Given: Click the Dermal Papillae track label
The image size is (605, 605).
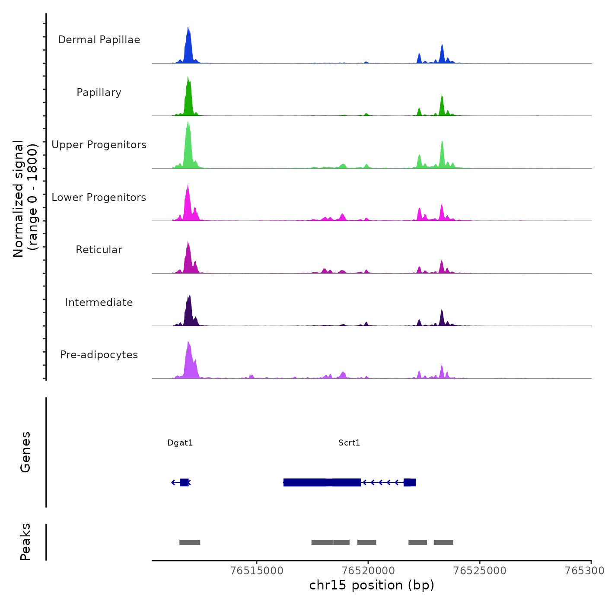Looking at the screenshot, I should coord(99,40).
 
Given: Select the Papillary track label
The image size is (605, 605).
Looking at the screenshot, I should coord(99,92).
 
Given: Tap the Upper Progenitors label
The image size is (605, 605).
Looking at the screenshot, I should coord(99,145).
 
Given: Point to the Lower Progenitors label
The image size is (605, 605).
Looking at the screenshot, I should coord(99,197).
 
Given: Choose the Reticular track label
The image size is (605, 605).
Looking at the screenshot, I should coord(99,250).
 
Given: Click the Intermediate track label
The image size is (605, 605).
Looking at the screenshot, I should coord(99,302).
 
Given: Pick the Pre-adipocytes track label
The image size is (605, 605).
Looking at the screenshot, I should coord(99,355).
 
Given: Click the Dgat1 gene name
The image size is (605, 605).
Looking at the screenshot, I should coord(180,443).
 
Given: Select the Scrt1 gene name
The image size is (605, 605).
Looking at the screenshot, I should coord(349,443).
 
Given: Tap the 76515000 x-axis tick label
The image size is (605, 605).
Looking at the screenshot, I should coord(257,570).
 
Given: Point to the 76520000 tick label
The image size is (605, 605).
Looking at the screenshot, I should coord(369,570).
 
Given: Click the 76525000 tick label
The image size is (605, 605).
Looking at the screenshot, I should coord(480,570).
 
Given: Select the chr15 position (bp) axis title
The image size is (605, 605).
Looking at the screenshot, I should coord(372,585).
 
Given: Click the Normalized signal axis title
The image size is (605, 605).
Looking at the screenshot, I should coord(25,199).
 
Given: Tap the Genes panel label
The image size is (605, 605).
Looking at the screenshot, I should coord(25,452).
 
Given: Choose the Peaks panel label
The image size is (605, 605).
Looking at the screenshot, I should coord(25,542).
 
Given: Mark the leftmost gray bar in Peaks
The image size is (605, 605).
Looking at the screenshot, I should coord(190,542).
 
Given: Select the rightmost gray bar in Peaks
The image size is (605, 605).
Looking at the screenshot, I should coord(443,542).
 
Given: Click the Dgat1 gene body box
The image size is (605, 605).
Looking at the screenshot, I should coord(184,482).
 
